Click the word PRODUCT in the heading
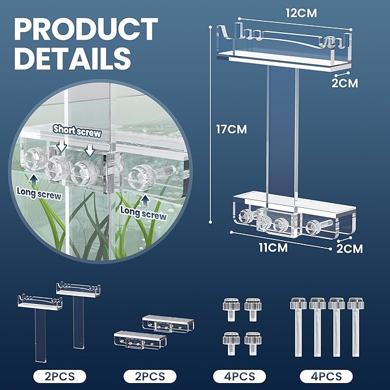coord(84,29)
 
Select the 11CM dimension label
coord(276,249)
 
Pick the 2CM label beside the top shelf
coord(345,83)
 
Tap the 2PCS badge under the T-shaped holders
coord(59,376)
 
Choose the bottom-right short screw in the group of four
coord(252,338)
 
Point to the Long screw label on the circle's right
coord(144,215)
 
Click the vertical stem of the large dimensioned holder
coord(282,132)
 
